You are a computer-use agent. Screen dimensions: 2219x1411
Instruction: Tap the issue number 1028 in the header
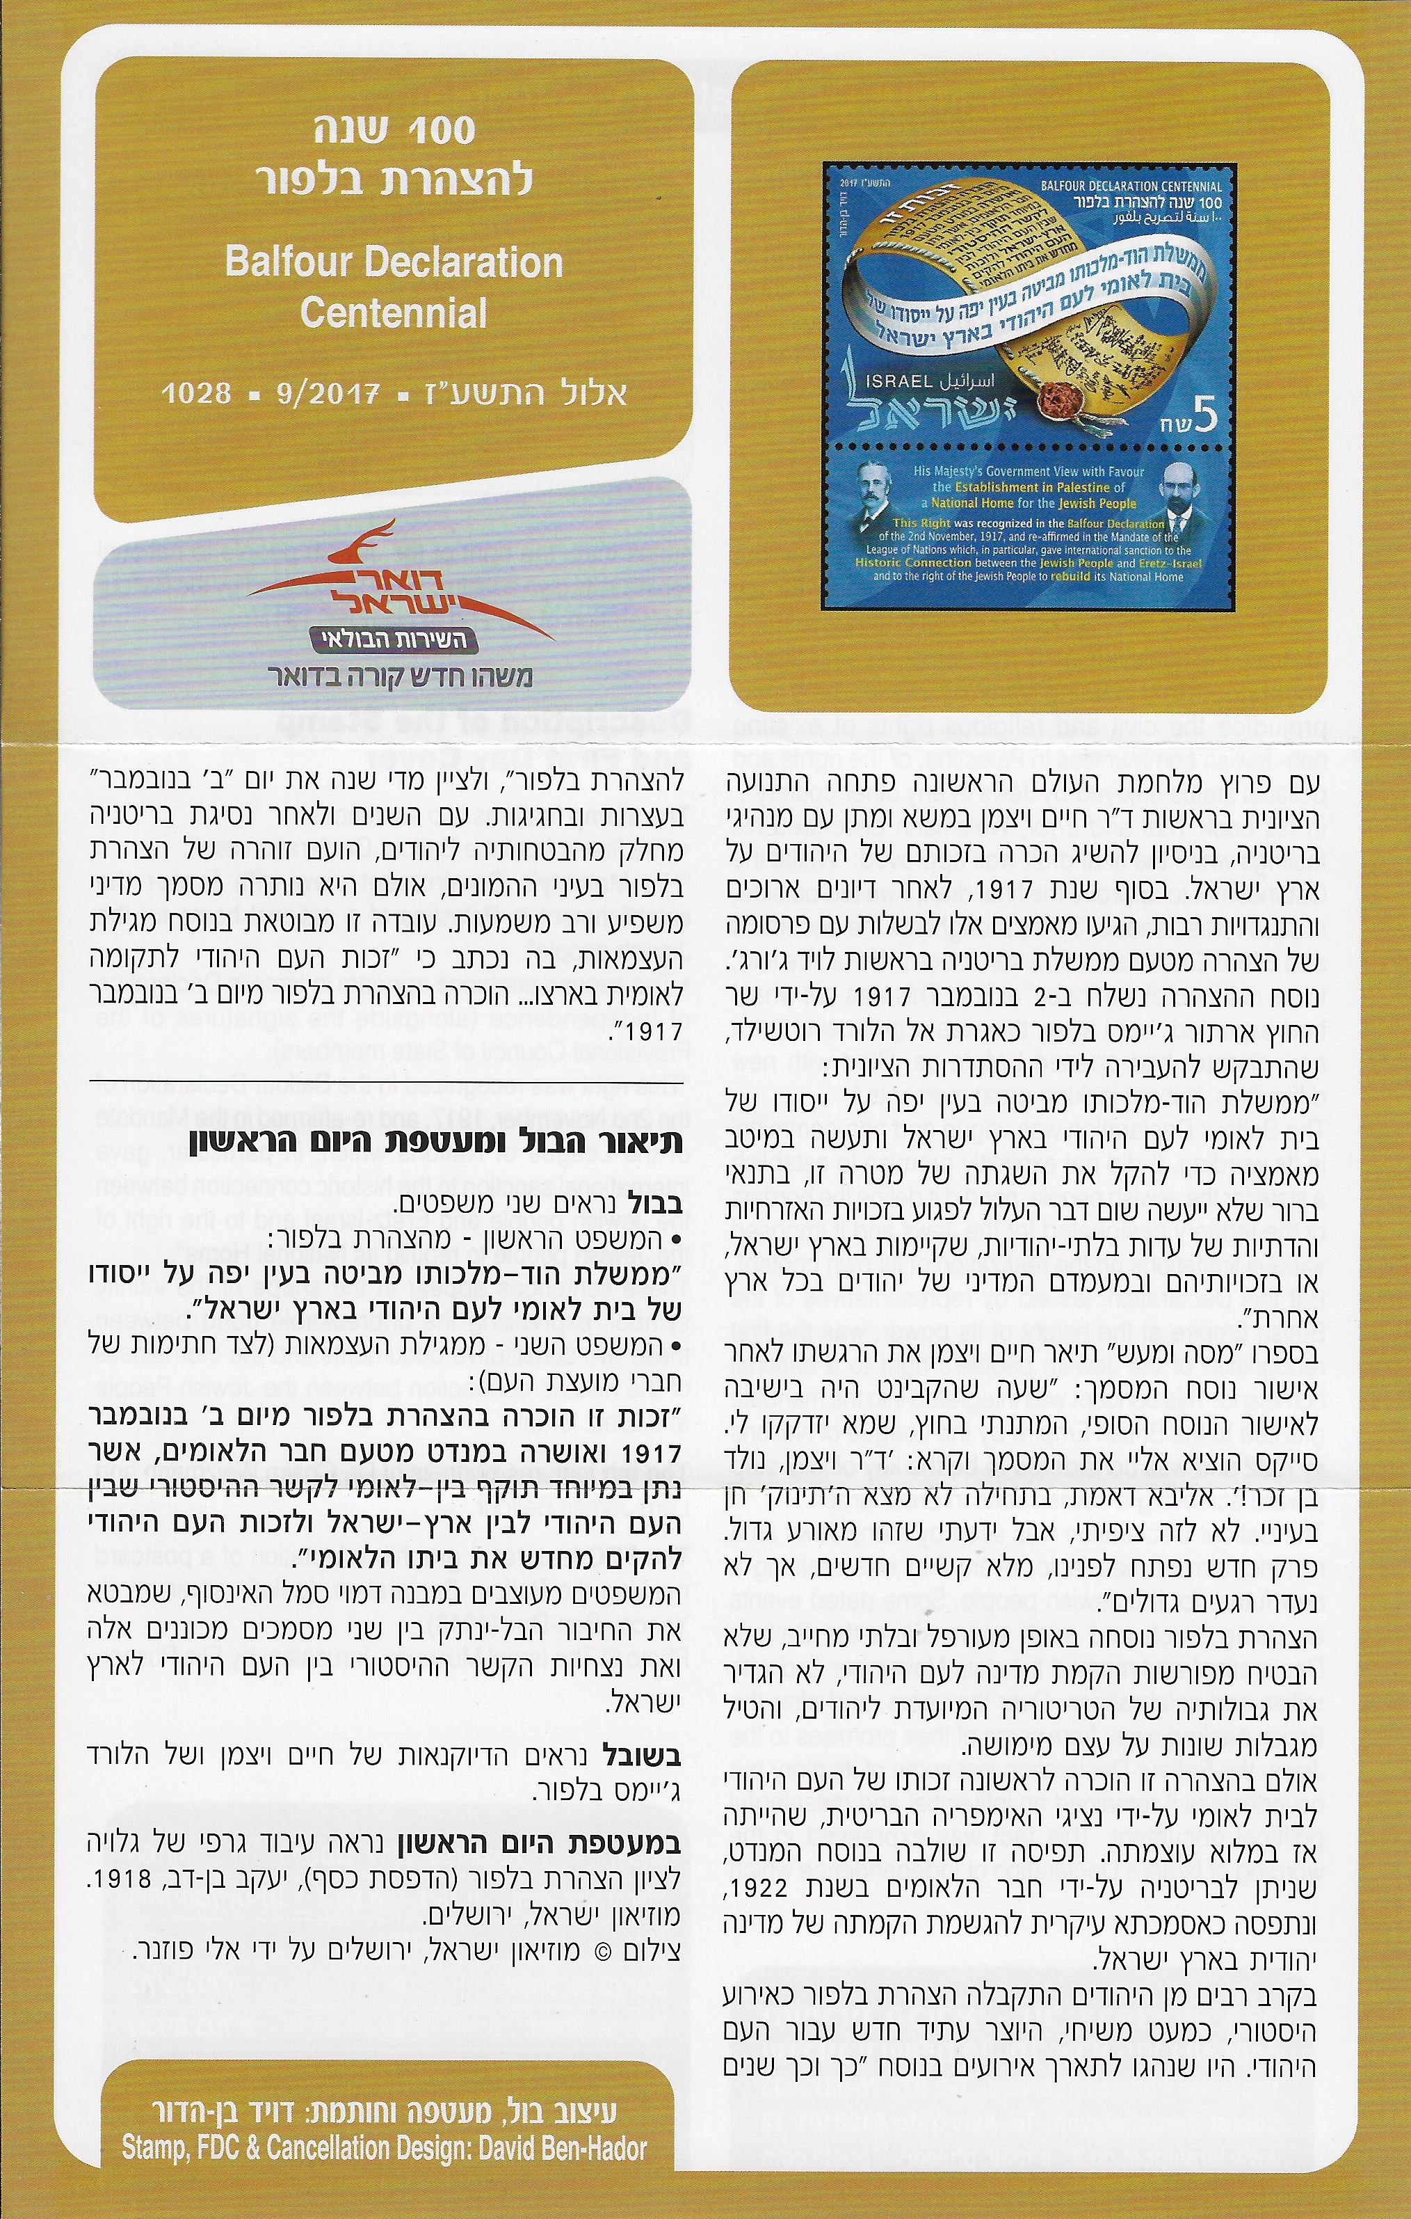pos(196,393)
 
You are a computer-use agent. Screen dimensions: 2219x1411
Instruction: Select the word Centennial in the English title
pos(394,313)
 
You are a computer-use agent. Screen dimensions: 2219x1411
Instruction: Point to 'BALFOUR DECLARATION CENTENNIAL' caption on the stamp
pos(1131,186)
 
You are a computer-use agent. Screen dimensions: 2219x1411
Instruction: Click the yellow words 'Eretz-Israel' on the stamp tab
pos(1172,563)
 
